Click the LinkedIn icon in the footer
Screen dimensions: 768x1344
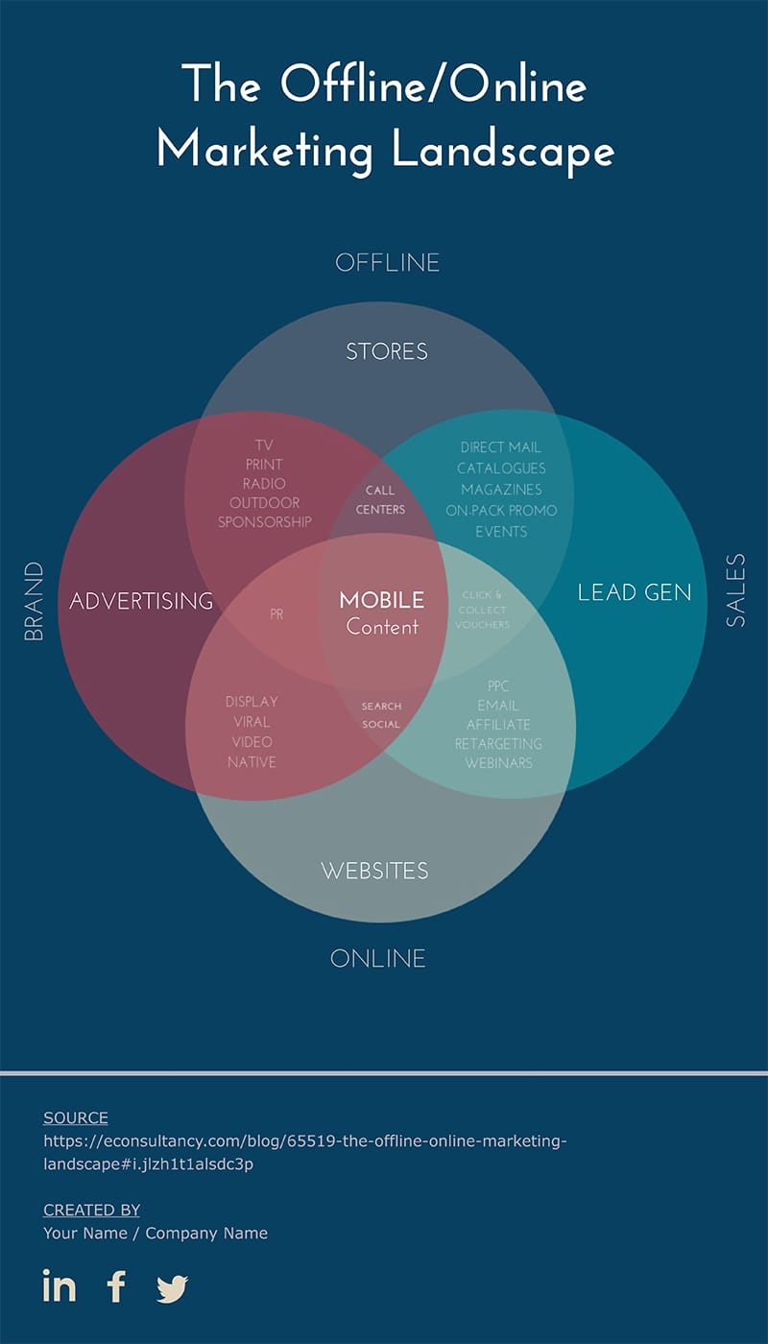click(60, 1285)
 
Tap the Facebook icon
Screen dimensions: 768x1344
click(116, 1286)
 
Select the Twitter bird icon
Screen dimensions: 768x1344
click(173, 1288)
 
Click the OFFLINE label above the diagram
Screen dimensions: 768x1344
click(387, 263)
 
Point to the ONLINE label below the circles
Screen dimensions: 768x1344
click(378, 958)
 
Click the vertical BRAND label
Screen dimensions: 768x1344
click(34, 601)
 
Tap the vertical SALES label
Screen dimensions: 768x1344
click(735, 590)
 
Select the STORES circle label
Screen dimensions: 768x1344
click(387, 351)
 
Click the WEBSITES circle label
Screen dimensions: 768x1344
click(375, 871)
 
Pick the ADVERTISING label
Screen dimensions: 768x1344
click(142, 601)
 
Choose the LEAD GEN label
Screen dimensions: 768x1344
click(635, 593)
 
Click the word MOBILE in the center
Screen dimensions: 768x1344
click(382, 600)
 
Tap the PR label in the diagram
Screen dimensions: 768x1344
click(276, 614)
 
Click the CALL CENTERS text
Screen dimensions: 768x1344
click(380, 500)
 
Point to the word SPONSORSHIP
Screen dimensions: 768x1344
click(265, 522)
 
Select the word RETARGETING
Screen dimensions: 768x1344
click(498, 744)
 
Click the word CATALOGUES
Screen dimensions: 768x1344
click(501, 468)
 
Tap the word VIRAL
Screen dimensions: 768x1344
click(252, 722)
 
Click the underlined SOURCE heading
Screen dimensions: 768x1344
click(76, 1117)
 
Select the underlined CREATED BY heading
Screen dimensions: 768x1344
click(91, 1211)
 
